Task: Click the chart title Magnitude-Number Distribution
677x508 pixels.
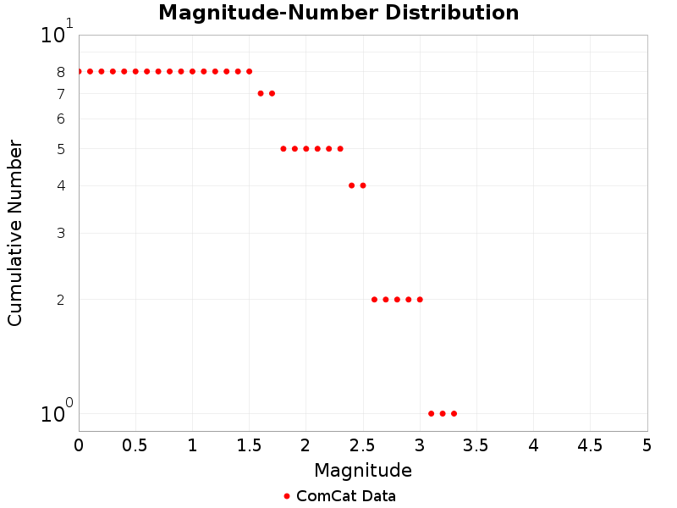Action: [x=338, y=13]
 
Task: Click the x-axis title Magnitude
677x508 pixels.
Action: [x=363, y=470]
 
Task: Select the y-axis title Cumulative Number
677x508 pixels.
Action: [x=15, y=233]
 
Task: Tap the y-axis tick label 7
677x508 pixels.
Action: [x=61, y=94]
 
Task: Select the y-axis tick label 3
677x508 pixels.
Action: [x=61, y=234]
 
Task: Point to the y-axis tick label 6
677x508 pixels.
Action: [x=61, y=119]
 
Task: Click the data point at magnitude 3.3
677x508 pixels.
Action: [x=454, y=413]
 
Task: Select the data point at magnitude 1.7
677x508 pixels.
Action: [x=272, y=93]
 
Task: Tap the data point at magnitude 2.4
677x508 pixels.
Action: [x=351, y=185]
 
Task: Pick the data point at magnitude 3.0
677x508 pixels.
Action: [x=420, y=299]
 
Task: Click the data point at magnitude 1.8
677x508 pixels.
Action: [x=283, y=148]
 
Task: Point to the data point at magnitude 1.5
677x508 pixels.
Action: [x=249, y=71]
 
